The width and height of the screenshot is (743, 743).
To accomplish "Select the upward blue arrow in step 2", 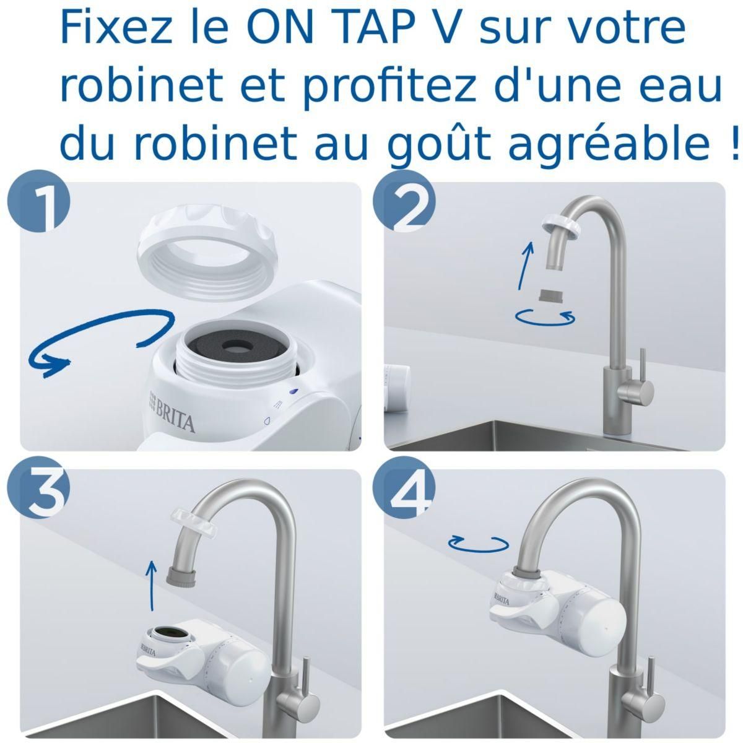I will point(526,266).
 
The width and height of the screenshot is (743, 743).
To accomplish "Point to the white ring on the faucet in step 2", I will point(561,225).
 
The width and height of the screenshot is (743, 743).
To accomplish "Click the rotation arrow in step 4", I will point(479,543).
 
